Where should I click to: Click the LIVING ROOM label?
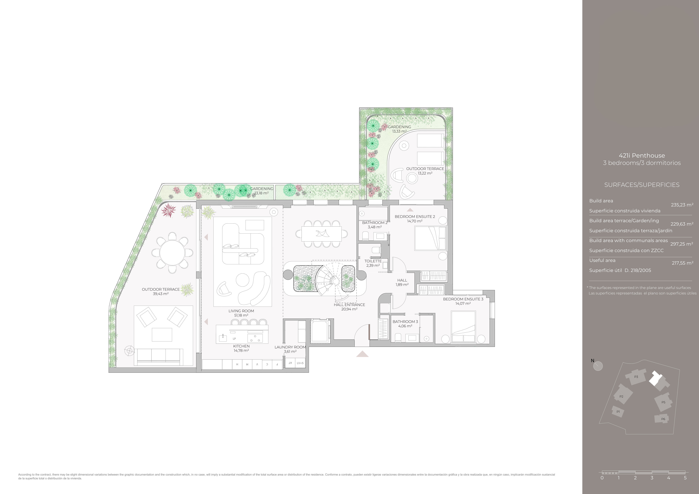pyautogui.click(x=241, y=311)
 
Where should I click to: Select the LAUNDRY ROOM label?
pyautogui.click(x=290, y=347)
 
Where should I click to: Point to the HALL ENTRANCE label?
pyautogui.click(x=349, y=304)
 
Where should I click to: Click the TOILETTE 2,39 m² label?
pyautogui.click(x=373, y=263)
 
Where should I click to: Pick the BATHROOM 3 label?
pyautogui.click(x=405, y=321)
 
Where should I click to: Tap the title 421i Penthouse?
pyautogui.click(x=642, y=155)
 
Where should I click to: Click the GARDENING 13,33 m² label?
pyautogui.click(x=399, y=129)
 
